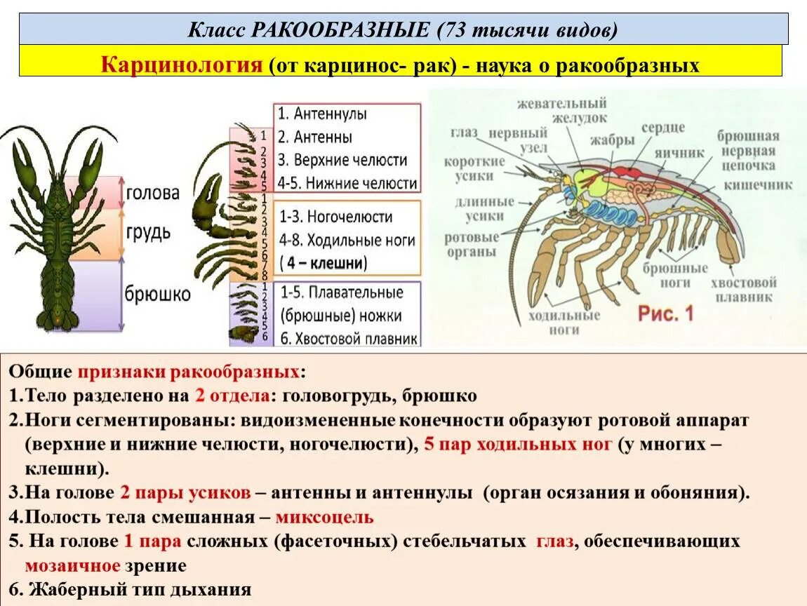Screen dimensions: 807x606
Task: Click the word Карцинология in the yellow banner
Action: tap(182, 65)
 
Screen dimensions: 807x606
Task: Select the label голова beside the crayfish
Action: tap(152, 193)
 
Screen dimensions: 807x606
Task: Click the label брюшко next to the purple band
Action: tap(158, 293)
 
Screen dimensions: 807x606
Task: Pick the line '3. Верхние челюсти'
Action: tap(342, 160)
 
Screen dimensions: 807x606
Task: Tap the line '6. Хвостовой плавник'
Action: tap(349, 337)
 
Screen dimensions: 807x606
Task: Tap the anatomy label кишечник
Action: tap(759, 185)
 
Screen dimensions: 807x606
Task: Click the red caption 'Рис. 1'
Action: tap(665, 314)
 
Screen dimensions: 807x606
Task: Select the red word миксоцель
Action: tap(324, 518)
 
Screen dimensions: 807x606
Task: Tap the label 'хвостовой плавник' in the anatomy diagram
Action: tap(743, 289)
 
